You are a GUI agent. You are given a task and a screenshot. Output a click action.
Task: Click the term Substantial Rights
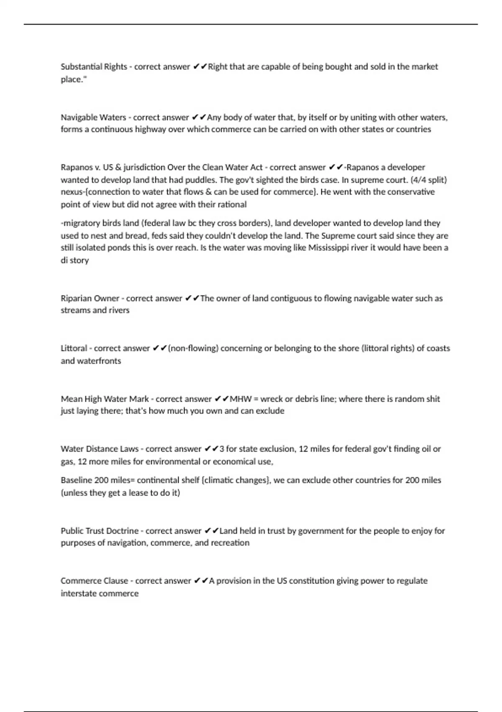pos(94,67)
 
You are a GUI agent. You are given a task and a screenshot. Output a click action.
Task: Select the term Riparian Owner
pos(90,298)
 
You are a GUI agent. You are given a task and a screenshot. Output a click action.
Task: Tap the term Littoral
pos(74,348)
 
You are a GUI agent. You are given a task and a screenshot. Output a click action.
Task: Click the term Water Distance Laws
pos(100,449)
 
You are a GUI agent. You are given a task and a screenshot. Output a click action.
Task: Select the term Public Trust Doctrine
pos(100,531)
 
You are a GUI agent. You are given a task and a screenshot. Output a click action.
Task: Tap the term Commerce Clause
pos(95,580)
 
